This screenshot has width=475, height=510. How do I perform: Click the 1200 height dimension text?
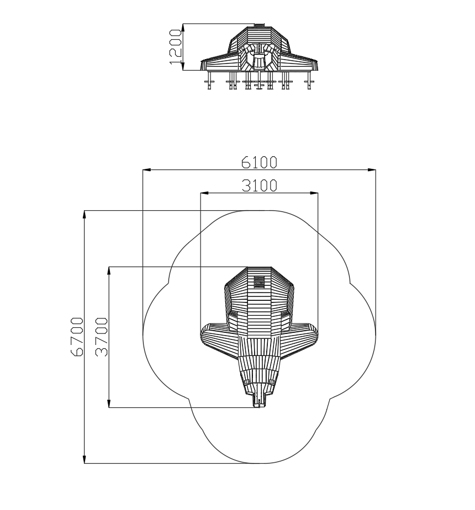(x=175, y=47)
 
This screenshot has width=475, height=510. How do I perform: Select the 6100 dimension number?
(x=259, y=162)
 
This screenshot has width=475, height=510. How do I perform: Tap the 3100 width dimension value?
(x=260, y=185)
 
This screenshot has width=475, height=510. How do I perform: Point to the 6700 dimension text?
(x=77, y=337)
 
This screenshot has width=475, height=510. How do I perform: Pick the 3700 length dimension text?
(x=101, y=337)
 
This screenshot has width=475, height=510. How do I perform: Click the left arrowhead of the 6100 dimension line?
(x=146, y=170)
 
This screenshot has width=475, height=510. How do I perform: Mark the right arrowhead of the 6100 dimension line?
(x=372, y=170)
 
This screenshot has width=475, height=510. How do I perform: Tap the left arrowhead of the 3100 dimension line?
(x=204, y=193)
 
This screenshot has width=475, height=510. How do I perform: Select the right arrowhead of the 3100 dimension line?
(x=314, y=193)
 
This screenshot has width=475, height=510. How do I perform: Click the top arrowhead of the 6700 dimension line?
(x=85, y=215)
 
